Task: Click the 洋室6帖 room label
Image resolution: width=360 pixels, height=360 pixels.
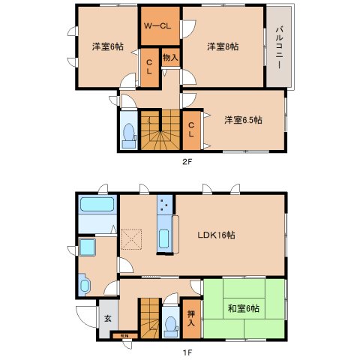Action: click(107, 46)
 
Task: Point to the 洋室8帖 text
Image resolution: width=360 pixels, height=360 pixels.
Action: click(223, 46)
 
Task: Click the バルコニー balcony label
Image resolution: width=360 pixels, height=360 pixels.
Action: click(279, 46)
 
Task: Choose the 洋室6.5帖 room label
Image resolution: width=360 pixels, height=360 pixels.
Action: click(244, 119)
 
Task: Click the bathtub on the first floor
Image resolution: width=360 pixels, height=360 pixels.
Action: click(95, 205)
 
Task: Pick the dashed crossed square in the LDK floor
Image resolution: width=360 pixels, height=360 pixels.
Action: click(132, 238)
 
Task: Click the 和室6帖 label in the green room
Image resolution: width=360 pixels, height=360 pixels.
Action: click(243, 307)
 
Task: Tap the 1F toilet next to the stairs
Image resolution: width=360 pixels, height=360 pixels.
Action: click(171, 322)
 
